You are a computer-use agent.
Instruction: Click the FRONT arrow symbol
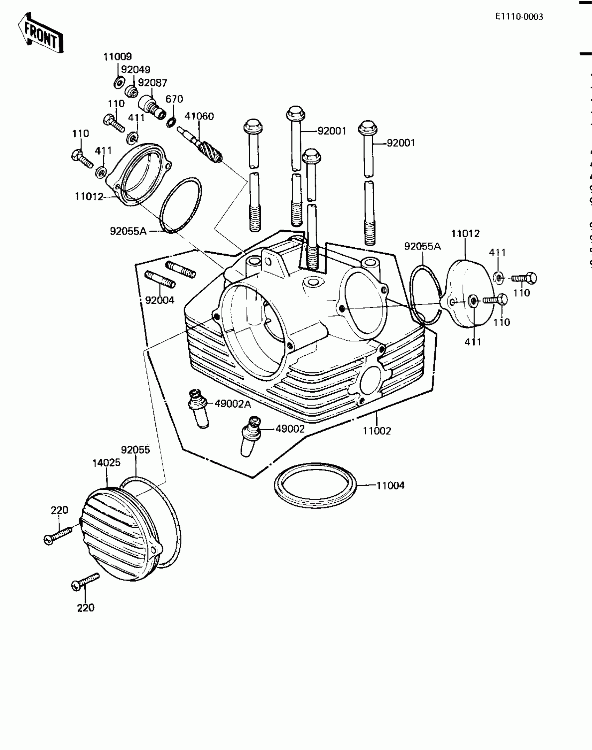(x=40, y=33)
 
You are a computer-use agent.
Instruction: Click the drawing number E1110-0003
(x=519, y=17)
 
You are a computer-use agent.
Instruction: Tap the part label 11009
(x=117, y=56)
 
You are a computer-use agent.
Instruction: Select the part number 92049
(x=135, y=70)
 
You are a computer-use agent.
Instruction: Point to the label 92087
(x=153, y=83)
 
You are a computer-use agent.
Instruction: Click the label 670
(x=174, y=99)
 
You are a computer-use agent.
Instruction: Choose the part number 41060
(x=199, y=116)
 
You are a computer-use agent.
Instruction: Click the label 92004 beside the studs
(x=159, y=300)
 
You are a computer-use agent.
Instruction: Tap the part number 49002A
(x=233, y=404)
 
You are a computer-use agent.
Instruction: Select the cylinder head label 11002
(x=377, y=431)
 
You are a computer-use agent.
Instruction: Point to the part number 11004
(x=390, y=485)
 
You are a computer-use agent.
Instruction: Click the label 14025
(x=106, y=463)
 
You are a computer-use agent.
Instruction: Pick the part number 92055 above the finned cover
(x=135, y=450)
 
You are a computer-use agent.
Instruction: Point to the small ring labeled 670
(x=171, y=122)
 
